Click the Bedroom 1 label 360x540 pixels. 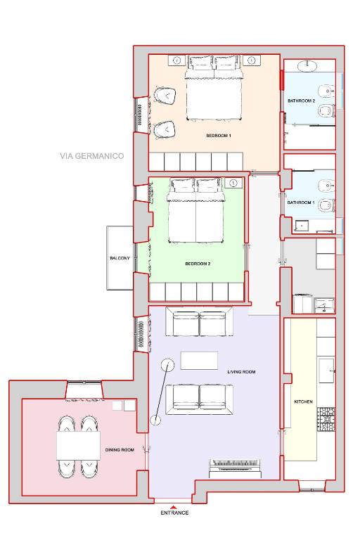(x=219, y=136)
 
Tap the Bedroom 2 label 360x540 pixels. (x=198, y=264)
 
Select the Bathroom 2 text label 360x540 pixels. (x=302, y=101)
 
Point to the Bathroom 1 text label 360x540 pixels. (x=301, y=202)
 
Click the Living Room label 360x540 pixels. (x=241, y=372)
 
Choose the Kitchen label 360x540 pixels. (x=304, y=401)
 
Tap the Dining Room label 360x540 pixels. (x=120, y=450)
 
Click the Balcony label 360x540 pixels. (x=120, y=258)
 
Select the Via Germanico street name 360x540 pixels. (x=92, y=156)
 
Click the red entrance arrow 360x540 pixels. (x=174, y=507)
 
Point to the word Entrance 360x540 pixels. (x=174, y=513)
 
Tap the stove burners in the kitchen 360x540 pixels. (x=326, y=420)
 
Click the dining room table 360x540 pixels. (x=79, y=446)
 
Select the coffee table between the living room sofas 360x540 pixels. (x=199, y=361)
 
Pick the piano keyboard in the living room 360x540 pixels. (x=235, y=468)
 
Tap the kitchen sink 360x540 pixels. (x=326, y=371)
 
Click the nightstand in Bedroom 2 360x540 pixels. (x=233, y=183)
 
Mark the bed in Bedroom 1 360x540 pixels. (x=214, y=88)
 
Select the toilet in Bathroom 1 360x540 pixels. (x=326, y=206)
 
